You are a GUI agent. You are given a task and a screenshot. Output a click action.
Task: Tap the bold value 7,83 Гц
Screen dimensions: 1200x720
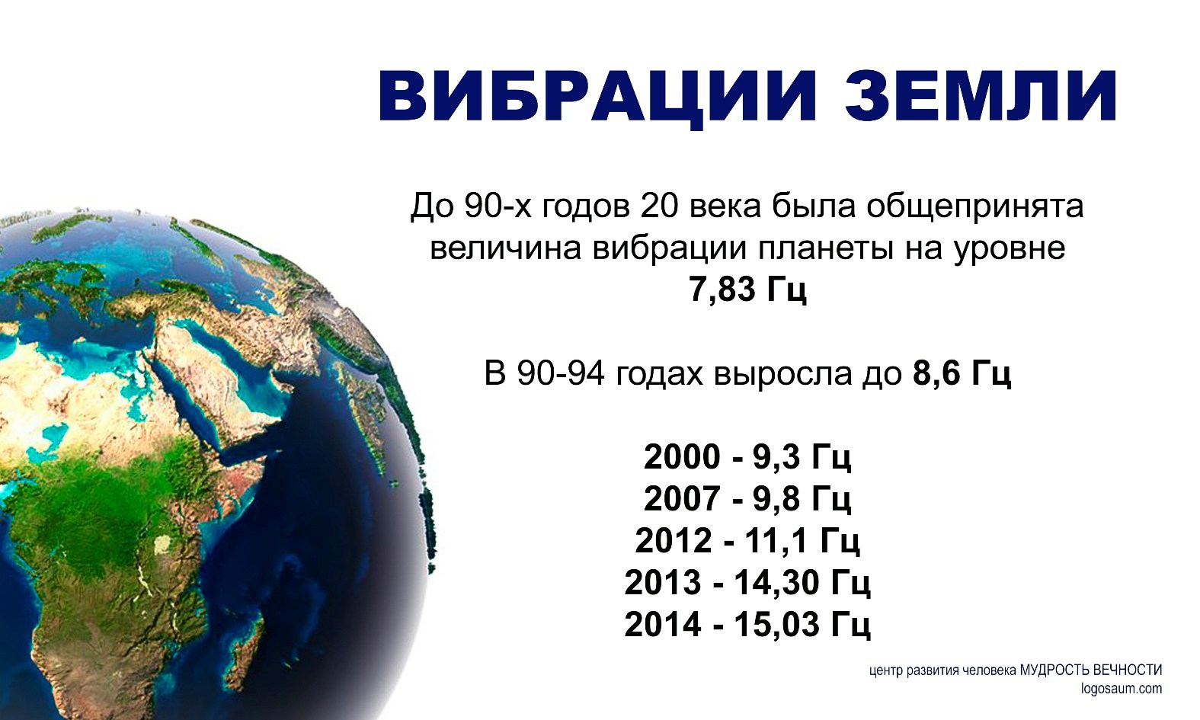[747, 290]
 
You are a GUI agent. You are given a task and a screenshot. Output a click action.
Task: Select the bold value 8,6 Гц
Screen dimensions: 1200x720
[962, 374]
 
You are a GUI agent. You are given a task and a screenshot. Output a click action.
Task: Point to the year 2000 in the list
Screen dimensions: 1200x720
[682, 457]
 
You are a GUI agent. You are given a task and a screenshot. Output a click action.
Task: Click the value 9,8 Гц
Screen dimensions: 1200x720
[802, 499]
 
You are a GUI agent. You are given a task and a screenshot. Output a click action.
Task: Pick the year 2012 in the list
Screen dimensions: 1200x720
[674, 541]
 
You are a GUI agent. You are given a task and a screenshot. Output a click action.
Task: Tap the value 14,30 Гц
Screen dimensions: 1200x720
[802, 584]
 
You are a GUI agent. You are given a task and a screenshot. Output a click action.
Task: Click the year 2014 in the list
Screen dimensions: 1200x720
[663, 625]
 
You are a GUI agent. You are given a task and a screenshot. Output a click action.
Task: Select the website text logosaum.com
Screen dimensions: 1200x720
[1122, 689]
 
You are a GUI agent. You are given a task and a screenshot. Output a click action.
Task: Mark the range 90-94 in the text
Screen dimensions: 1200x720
[562, 374]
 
